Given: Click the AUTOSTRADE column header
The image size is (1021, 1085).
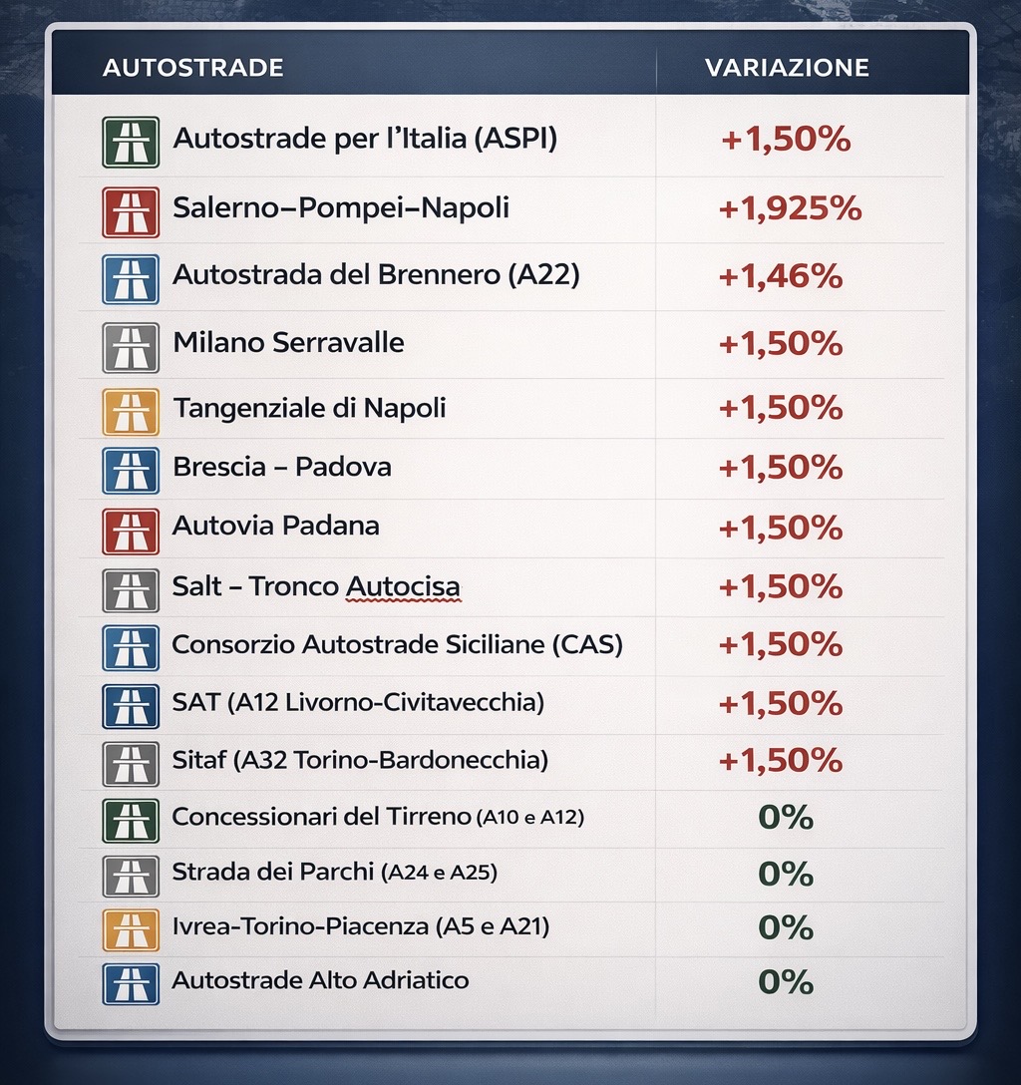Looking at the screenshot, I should (x=192, y=68).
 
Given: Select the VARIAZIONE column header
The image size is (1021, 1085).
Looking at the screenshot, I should (x=787, y=68).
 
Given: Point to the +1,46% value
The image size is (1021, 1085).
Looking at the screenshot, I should (x=781, y=275).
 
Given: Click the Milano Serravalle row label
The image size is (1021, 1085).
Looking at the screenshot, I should (x=288, y=343).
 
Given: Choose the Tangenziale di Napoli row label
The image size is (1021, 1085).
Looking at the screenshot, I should (x=309, y=408).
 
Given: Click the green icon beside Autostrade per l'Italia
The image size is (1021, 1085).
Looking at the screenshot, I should (x=131, y=142).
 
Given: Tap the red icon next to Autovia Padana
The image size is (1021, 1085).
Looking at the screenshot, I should (x=131, y=531).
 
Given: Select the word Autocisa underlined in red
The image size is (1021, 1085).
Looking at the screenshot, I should (x=403, y=586).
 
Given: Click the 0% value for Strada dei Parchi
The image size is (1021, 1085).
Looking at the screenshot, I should (x=786, y=874).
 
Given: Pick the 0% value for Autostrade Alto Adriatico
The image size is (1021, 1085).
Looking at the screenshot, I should (x=786, y=981).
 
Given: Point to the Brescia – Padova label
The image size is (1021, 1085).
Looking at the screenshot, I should (x=281, y=467).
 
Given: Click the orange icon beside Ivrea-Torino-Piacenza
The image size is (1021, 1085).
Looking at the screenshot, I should (x=131, y=929).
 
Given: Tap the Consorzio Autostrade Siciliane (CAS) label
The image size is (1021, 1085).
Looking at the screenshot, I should (x=397, y=644).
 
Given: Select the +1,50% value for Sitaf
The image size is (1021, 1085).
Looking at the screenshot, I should (x=781, y=761).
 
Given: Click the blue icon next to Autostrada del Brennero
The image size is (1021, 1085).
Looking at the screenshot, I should (x=131, y=279).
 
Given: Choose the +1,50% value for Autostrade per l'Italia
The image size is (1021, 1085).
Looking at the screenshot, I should (x=786, y=140).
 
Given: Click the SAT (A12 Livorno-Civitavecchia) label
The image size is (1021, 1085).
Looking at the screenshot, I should (x=358, y=703).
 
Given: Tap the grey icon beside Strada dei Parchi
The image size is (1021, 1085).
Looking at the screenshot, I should (x=131, y=876).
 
